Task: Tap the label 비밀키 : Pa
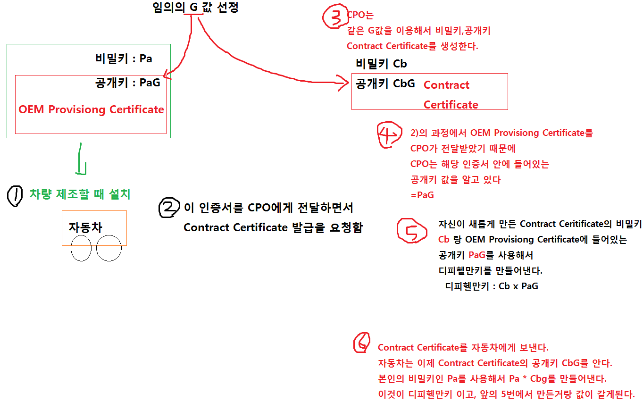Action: tap(124, 59)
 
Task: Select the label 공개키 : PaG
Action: tap(127, 83)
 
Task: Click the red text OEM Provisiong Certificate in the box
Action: tap(91, 109)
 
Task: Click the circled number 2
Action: tap(169, 208)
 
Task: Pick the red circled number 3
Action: tap(334, 18)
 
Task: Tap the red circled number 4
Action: tap(390, 135)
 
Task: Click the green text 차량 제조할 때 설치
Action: tap(80, 194)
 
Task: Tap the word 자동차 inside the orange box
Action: tap(85, 227)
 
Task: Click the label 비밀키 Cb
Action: tap(381, 64)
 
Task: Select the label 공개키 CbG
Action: tap(385, 84)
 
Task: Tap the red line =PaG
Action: tap(422, 195)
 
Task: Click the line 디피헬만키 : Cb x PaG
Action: tap(492, 286)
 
